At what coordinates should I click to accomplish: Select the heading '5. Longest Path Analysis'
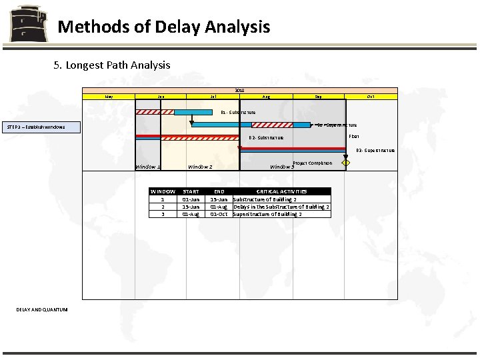(x=112, y=65)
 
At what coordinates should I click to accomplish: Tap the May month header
(x=109, y=97)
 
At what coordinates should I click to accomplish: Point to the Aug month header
(x=266, y=97)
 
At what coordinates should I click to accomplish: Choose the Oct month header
(x=371, y=97)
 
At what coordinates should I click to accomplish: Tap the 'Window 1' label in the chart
(x=147, y=167)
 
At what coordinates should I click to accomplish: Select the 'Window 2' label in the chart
(x=200, y=167)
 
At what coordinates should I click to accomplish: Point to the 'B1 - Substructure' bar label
(x=238, y=113)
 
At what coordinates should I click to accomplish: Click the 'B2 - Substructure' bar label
(x=266, y=138)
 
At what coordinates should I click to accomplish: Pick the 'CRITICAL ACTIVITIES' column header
(x=281, y=191)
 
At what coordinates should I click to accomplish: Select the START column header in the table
(x=191, y=191)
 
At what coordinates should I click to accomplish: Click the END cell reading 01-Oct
(x=219, y=214)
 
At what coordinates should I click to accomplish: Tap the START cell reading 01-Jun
(x=191, y=199)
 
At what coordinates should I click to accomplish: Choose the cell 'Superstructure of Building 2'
(x=267, y=214)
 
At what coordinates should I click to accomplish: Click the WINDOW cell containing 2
(x=163, y=207)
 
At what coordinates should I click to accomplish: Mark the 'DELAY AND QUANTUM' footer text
(x=42, y=309)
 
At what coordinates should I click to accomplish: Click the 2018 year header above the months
(x=239, y=90)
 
